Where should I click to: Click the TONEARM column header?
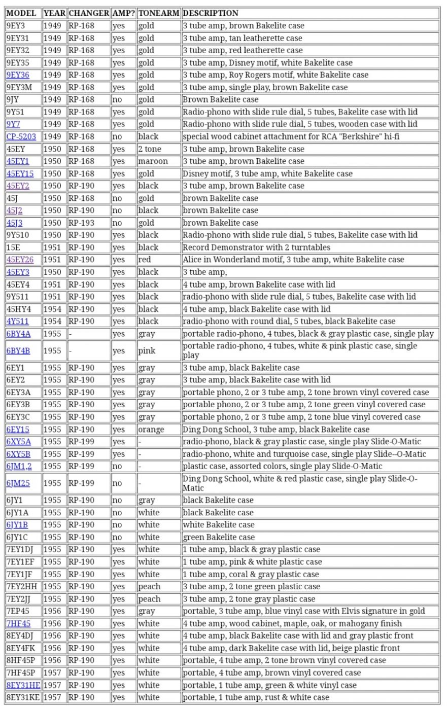click(x=158, y=13)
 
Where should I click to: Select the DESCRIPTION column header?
click(x=210, y=13)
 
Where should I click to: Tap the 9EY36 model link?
click(x=18, y=75)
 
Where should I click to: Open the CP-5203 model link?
click(x=21, y=136)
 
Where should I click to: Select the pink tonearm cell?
click(x=147, y=350)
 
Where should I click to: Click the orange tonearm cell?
click(x=151, y=430)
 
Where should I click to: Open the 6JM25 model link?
click(x=18, y=483)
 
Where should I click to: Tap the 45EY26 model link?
click(x=20, y=260)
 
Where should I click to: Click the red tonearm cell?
click(x=145, y=260)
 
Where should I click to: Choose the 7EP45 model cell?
click(x=18, y=611)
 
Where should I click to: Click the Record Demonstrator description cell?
click(x=256, y=247)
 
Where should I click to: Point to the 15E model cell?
click(x=13, y=247)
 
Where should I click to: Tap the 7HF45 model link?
click(x=18, y=624)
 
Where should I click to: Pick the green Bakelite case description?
click(x=219, y=537)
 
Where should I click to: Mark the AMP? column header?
click(x=124, y=13)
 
